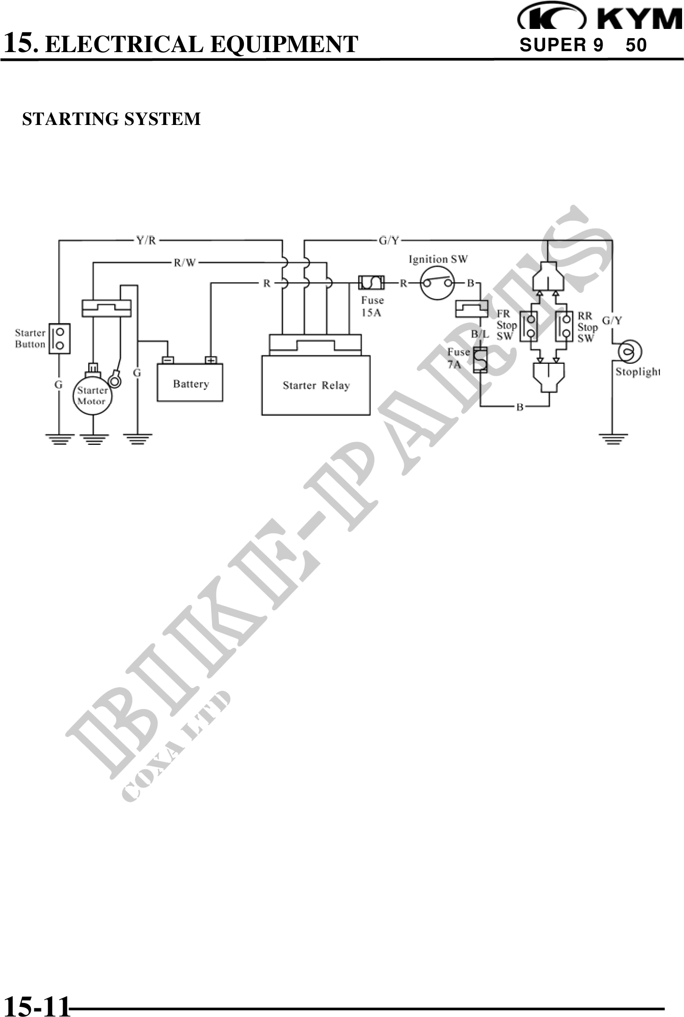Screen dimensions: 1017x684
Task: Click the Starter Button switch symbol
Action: pos(60,339)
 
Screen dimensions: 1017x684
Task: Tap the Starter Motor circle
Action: pos(93,396)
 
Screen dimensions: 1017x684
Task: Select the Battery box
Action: pos(190,384)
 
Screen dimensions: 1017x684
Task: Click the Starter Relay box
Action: pos(316,385)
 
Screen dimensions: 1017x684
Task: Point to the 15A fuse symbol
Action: pos(372,283)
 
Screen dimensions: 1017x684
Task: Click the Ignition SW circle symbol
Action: pos(437,283)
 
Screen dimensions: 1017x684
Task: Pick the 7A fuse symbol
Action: pos(480,360)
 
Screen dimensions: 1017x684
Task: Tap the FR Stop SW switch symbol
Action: pos(529,327)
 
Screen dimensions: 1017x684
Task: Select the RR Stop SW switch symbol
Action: pos(564,327)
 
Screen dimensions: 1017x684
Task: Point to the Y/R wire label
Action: pos(146,240)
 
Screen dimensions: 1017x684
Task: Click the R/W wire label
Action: pos(185,263)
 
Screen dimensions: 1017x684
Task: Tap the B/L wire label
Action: pos(480,334)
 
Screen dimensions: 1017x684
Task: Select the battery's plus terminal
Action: pos(211,360)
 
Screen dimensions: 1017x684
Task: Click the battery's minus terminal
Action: pos(168,360)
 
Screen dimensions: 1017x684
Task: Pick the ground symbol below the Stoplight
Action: pos(613,439)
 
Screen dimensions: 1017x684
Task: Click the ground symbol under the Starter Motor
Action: pos(94,439)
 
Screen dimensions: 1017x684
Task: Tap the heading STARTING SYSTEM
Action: pos(111,119)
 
